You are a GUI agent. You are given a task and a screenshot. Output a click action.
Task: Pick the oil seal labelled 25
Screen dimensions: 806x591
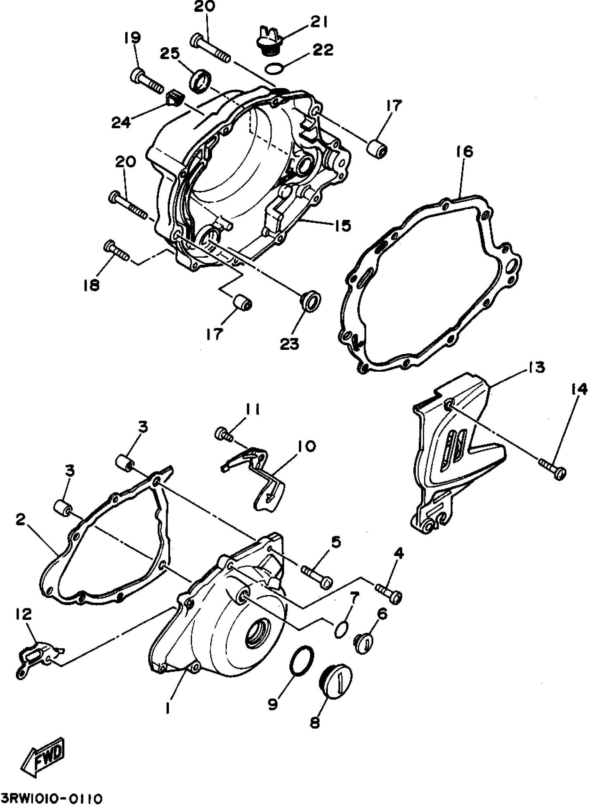[200, 80]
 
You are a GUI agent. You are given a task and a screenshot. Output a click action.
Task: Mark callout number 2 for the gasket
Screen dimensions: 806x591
[20, 519]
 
